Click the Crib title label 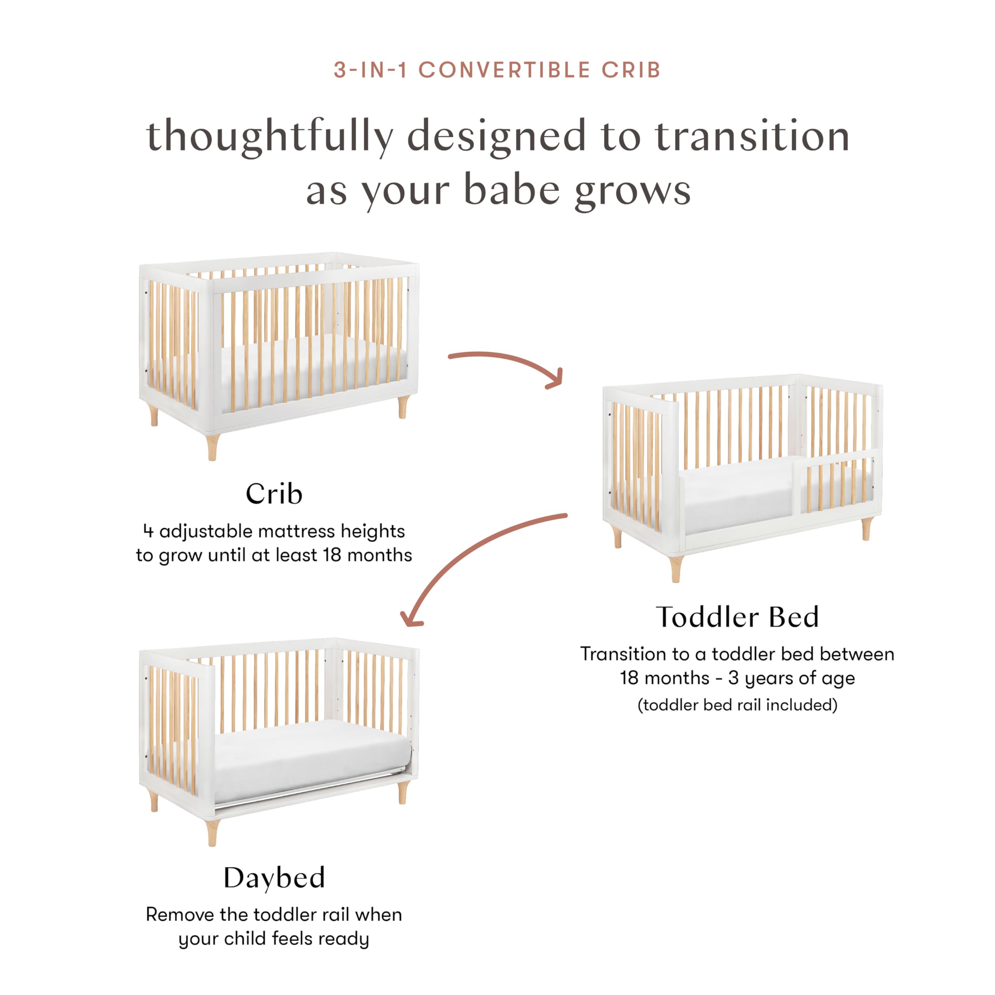click(274, 494)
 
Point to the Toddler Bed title click(737, 617)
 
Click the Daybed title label click(274, 878)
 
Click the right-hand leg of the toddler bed click(866, 529)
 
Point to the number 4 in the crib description click(148, 531)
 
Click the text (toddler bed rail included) click(737, 705)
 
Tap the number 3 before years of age click(733, 678)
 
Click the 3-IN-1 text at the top click(370, 70)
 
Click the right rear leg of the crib click(403, 407)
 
